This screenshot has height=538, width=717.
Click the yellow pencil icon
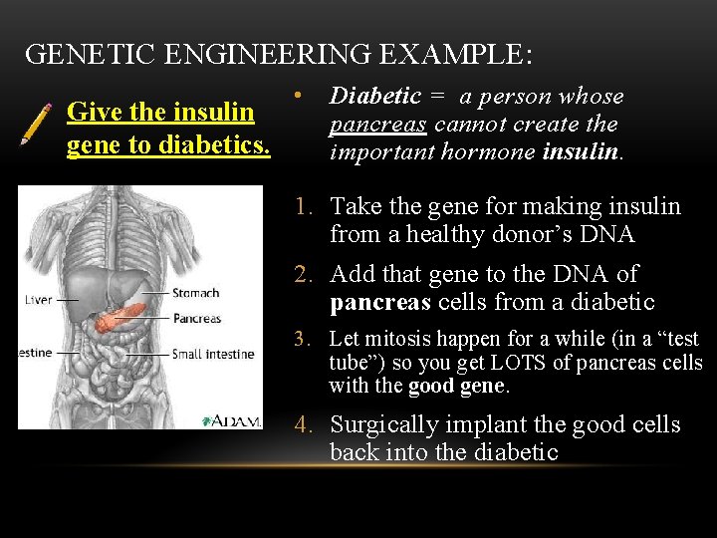click(x=37, y=123)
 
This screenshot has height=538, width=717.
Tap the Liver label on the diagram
click(x=38, y=299)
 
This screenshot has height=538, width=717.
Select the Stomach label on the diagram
click(x=195, y=293)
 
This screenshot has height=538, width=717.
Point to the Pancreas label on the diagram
click(x=196, y=319)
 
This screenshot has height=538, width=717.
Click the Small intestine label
click(x=214, y=354)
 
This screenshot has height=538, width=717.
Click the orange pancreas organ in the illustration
click(x=119, y=320)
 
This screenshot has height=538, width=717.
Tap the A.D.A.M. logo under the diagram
click(x=231, y=420)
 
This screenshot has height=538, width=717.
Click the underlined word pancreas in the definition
click(x=378, y=125)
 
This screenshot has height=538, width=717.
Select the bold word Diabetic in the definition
click(x=375, y=97)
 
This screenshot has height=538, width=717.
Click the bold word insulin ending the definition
click(x=583, y=152)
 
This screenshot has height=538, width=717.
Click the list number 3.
click(x=303, y=340)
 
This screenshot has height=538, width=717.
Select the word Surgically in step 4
click(x=380, y=425)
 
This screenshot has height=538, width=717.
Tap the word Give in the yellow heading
click(x=89, y=112)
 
